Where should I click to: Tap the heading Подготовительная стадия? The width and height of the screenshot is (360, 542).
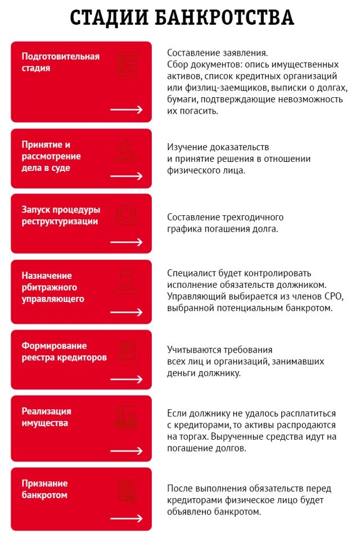pyautogui.click(x=60, y=62)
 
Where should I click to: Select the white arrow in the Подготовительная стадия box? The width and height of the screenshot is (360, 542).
pyautogui.click(x=127, y=110)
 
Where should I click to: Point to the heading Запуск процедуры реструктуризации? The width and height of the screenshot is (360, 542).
pyautogui.click(x=61, y=215)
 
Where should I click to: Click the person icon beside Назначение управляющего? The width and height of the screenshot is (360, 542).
pyautogui.click(x=127, y=282)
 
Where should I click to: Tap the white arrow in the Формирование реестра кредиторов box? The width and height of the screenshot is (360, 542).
pyautogui.click(x=127, y=379)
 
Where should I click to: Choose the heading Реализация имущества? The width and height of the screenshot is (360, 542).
pyautogui.click(x=46, y=417)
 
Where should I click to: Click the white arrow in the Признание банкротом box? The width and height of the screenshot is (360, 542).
pyautogui.click(x=127, y=518)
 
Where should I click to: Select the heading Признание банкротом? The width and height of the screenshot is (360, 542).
pyautogui.click(x=44, y=489)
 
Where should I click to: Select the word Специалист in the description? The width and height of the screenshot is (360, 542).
pyautogui.click(x=190, y=273)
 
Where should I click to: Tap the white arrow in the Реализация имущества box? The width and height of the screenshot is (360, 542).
pyautogui.click(x=127, y=451)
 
